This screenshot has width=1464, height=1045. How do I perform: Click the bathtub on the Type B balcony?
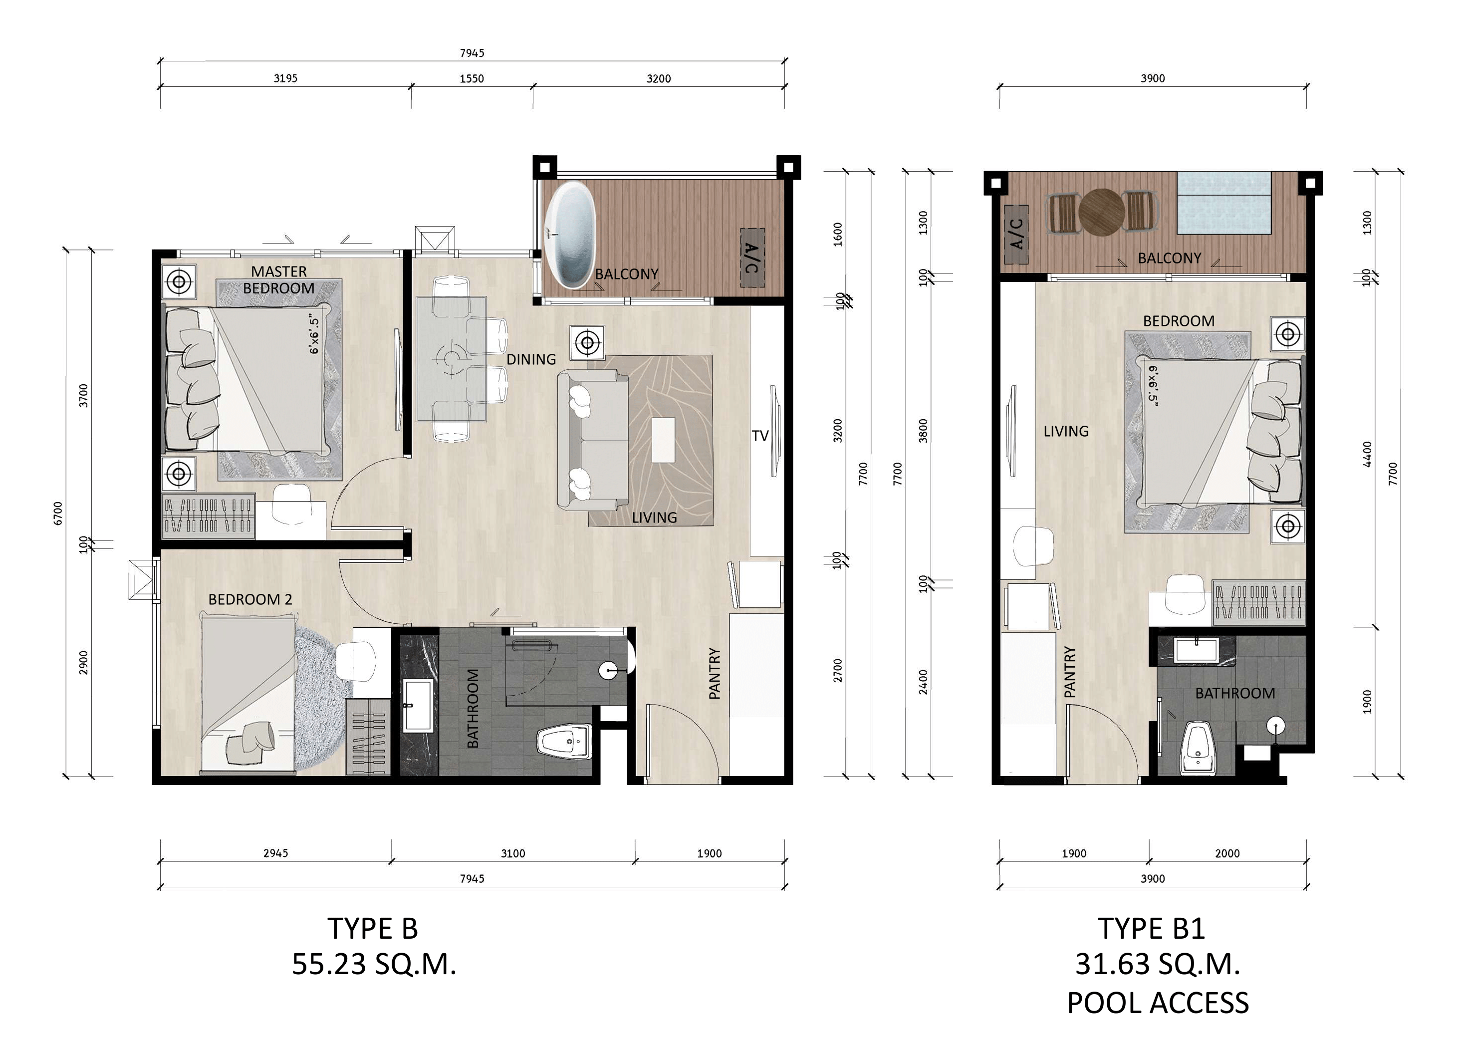pos(570,236)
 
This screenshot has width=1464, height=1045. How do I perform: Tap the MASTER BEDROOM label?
pos(278,280)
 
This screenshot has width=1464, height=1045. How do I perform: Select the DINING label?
pos(531,359)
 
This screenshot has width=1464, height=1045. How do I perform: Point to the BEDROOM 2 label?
pos(250,599)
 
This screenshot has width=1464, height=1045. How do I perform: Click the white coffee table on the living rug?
pos(663,440)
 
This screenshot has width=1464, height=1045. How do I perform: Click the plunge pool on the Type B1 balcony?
pos(1224,203)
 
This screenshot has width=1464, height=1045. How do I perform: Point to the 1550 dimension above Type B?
pos(472,78)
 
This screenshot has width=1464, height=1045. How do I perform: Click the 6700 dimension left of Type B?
pos(58,513)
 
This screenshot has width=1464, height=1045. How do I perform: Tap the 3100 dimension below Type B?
pos(512,853)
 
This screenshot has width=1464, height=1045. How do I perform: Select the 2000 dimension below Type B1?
pos(1227,853)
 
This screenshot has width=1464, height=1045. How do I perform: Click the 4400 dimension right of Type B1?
pos(1368,454)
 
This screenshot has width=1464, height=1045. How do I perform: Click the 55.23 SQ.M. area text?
pos(374,964)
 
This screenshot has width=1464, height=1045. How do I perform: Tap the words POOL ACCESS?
pos(1158,1003)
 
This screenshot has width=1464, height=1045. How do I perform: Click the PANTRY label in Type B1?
pos(1069,672)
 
